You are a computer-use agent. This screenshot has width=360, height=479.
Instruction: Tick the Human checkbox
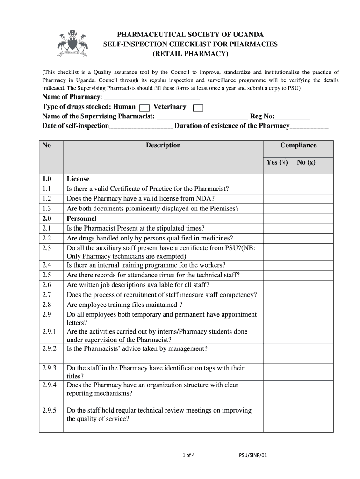(x=144, y=108)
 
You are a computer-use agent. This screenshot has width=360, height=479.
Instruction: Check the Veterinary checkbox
(x=198, y=108)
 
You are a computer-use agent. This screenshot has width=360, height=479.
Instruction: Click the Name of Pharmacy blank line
(x=151, y=97)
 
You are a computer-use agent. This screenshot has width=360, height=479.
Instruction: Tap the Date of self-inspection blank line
(x=141, y=127)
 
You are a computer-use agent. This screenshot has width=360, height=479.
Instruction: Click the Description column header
(x=163, y=145)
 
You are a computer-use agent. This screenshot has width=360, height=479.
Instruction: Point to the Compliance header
(x=298, y=145)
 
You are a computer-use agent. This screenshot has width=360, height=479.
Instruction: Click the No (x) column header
(x=306, y=163)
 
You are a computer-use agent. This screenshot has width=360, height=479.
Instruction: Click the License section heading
(x=78, y=179)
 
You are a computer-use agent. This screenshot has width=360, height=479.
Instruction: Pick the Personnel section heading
(x=81, y=218)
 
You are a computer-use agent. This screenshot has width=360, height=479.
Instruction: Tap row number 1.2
(x=46, y=199)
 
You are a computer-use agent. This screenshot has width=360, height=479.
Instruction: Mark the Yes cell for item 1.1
(x=278, y=189)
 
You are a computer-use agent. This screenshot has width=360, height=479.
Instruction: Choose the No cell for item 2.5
(x=313, y=275)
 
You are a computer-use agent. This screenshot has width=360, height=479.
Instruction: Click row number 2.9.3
(x=49, y=368)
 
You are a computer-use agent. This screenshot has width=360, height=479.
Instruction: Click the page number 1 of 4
(x=188, y=455)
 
